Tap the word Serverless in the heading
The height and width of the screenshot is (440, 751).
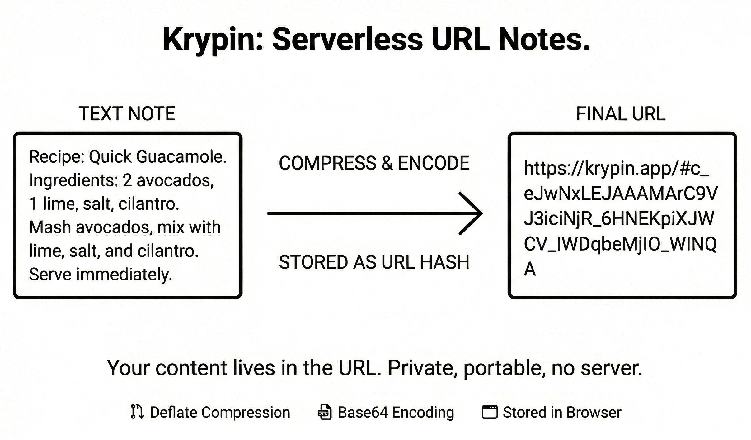(347, 40)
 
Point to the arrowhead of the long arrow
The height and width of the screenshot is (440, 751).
(478, 213)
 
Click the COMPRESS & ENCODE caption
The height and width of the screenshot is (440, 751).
(374, 163)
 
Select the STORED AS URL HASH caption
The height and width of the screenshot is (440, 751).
(374, 262)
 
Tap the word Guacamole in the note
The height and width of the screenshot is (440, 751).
(181, 156)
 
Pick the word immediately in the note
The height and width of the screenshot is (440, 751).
(124, 275)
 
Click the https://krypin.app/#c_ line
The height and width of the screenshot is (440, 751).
(616, 168)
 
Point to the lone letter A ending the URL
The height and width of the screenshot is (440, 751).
(530, 269)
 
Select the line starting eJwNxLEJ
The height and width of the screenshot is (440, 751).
(621, 194)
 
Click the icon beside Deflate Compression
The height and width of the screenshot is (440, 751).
(137, 412)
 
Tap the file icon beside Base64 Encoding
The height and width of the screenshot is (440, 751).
(324, 412)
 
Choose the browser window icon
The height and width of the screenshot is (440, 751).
(490, 412)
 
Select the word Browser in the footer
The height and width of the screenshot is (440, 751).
(594, 412)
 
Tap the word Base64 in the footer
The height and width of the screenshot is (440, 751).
(363, 412)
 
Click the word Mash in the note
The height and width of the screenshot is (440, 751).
(50, 227)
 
